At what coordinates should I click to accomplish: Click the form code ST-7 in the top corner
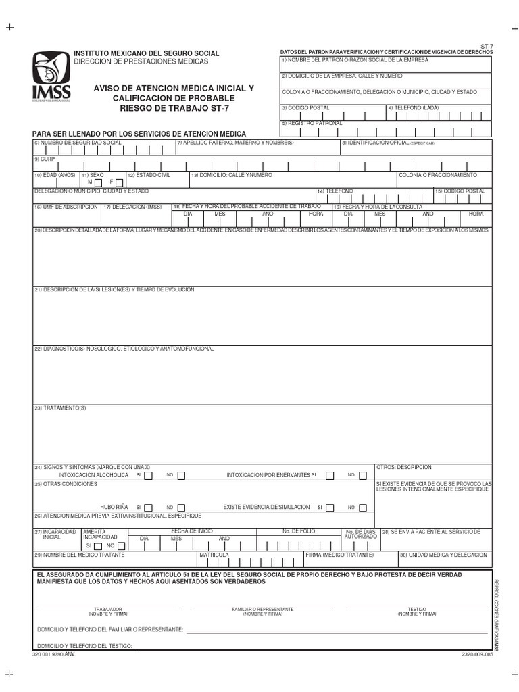(x=486, y=46)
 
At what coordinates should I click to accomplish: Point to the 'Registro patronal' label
(x=312, y=123)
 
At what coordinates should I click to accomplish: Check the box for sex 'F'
(x=119, y=182)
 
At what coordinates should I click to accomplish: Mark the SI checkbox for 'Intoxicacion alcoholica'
(x=149, y=475)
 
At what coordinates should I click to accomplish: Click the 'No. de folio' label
(x=299, y=531)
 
